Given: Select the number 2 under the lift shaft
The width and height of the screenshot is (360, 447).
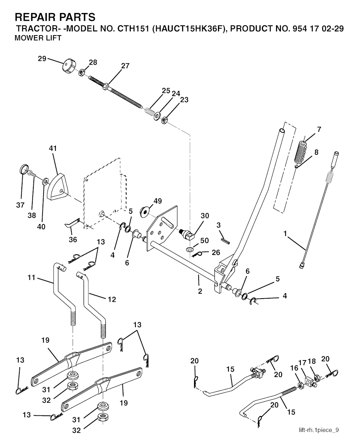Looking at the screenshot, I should pos(200,291).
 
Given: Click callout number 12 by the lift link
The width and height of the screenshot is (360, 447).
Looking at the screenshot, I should pos(111,299).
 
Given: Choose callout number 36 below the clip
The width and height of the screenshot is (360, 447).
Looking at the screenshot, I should pos(73,240).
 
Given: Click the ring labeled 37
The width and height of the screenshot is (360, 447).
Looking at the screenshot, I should pos(24,169).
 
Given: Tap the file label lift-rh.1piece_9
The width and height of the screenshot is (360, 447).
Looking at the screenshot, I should pos(319,430).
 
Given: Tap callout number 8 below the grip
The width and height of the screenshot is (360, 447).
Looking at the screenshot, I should pos(316,152).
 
